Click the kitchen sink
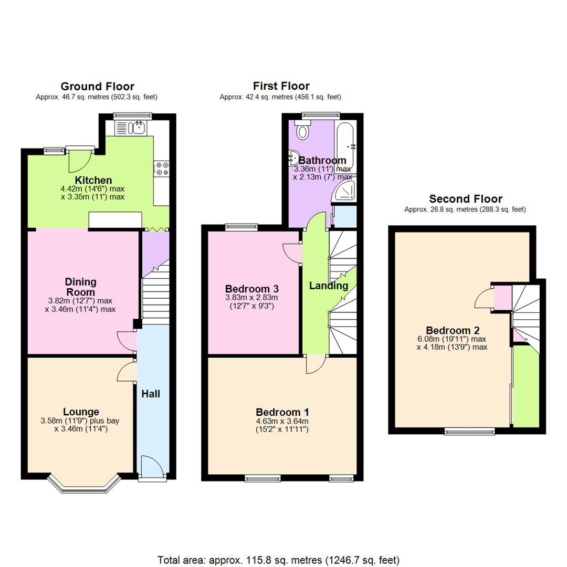coord(139,127)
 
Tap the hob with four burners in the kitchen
coord(161,168)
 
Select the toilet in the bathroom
coord(303,130)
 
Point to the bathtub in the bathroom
coord(346,145)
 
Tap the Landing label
coord(328,286)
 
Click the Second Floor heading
coord(465,199)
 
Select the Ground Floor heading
coord(97,86)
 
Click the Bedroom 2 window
coord(469,431)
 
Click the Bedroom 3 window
coord(240,227)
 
